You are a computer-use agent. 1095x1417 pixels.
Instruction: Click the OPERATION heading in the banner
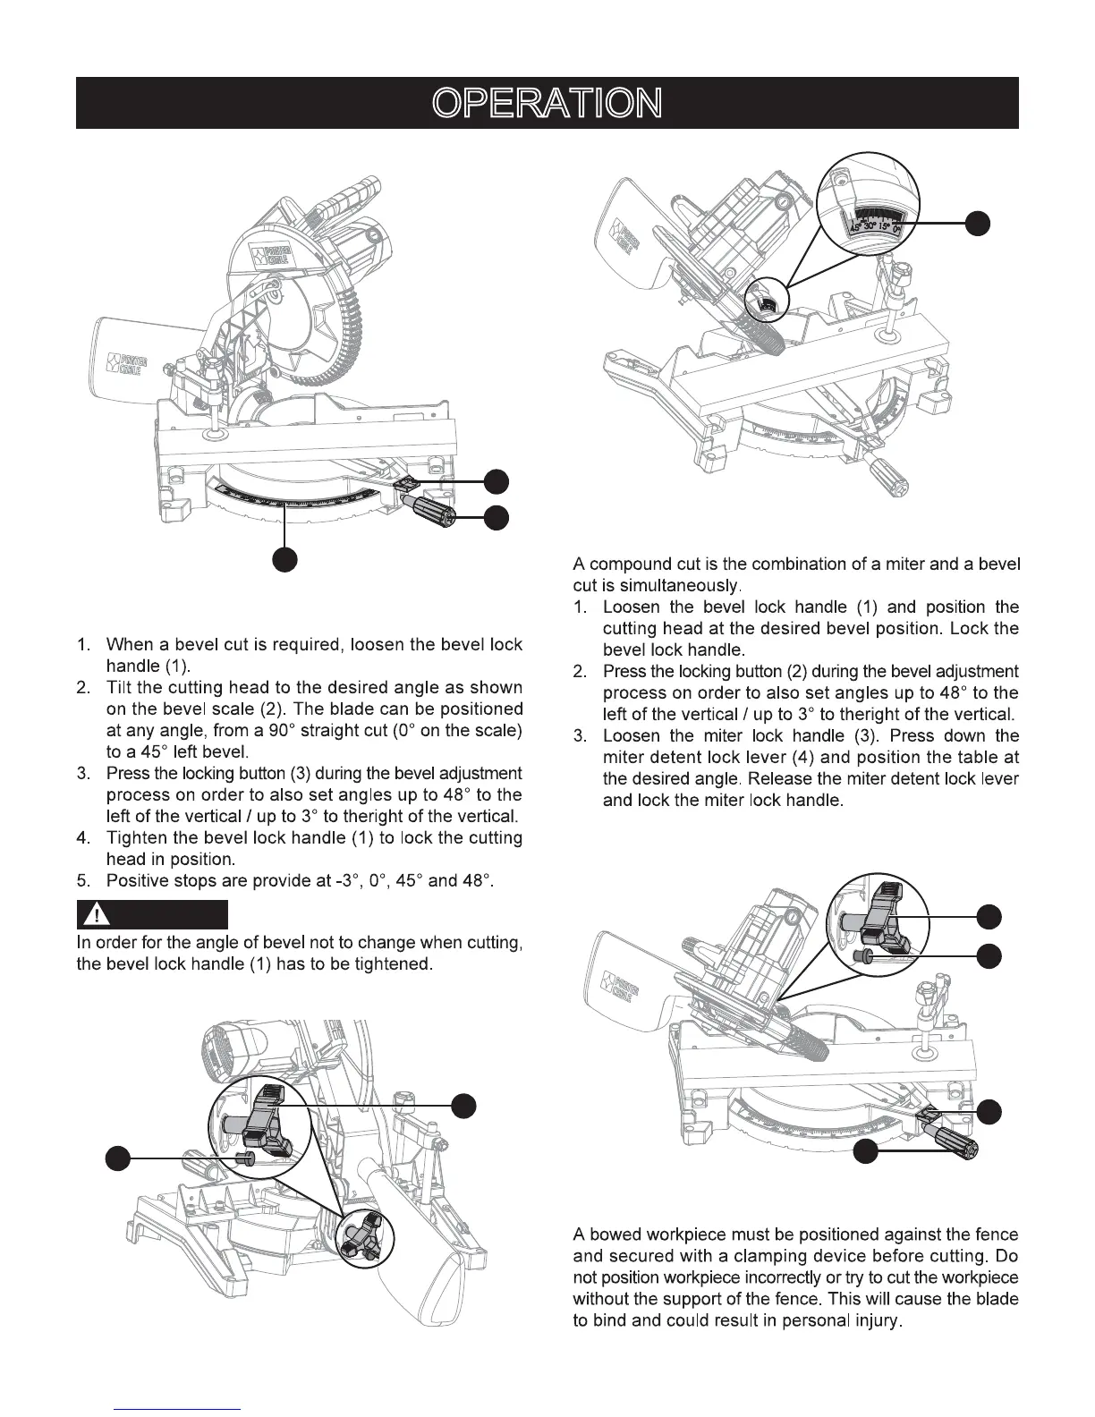547,104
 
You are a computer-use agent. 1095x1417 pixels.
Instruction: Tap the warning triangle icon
94,915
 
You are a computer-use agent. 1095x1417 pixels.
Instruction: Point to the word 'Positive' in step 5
135,881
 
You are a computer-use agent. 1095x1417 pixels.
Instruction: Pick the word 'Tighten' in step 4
135,838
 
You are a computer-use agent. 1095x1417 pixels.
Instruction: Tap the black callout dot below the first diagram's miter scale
285,559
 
